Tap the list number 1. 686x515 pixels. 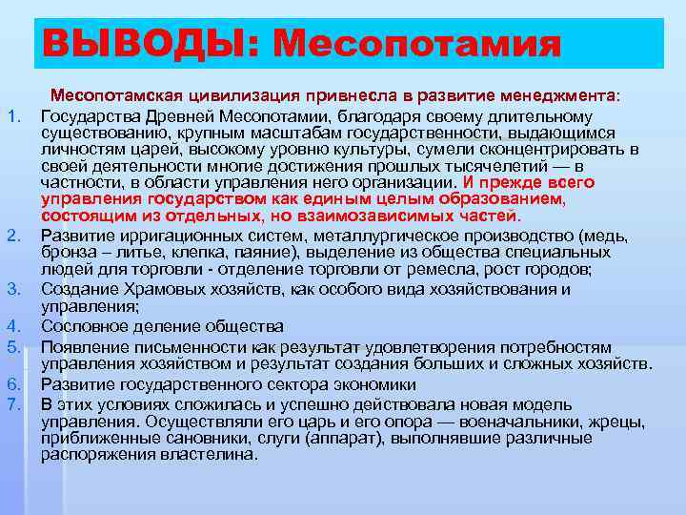[12, 116]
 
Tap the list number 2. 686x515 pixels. [12, 237]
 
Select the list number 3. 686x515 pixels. [12, 289]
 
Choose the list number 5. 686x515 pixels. [12, 347]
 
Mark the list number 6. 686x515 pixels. [12, 384]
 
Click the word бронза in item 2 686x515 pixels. [67, 253]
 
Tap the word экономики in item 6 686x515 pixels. [368, 384]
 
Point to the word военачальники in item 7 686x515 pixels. [494, 421]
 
